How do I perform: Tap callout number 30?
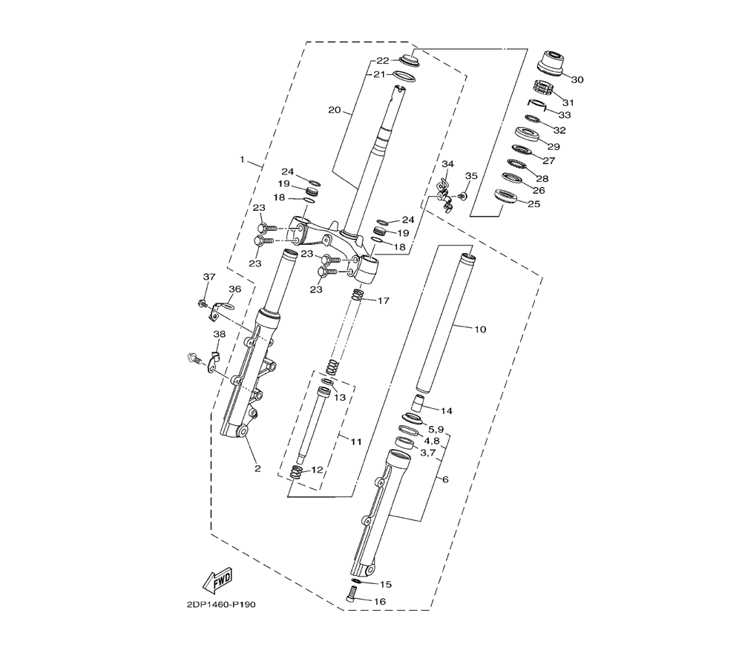pyautogui.click(x=577, y=79)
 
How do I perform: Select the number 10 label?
pyautogui.click(x=480, y=329)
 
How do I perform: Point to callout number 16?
pyautogui.click(x=379, y=601)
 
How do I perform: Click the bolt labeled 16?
pyautogui.click(x=351, y=594)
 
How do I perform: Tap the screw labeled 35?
pyautogui.click(x=463, y=195)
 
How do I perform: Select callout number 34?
pyautogui.click(x=447, y=164)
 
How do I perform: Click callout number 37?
pyautogui.click(x=209, y=277)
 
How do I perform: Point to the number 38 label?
pyautogui.click(x=219, y=334)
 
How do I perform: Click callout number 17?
pyautogui.click(x=384, y=301)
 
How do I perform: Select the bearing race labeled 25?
pyautogui.click(x=504, y=194)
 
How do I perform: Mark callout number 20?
pyautogui.click(x=334, y=111)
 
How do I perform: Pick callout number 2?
pyautogui.click(x=257, y=469)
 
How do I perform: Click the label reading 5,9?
pyautogui.click(x=436, y=430)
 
